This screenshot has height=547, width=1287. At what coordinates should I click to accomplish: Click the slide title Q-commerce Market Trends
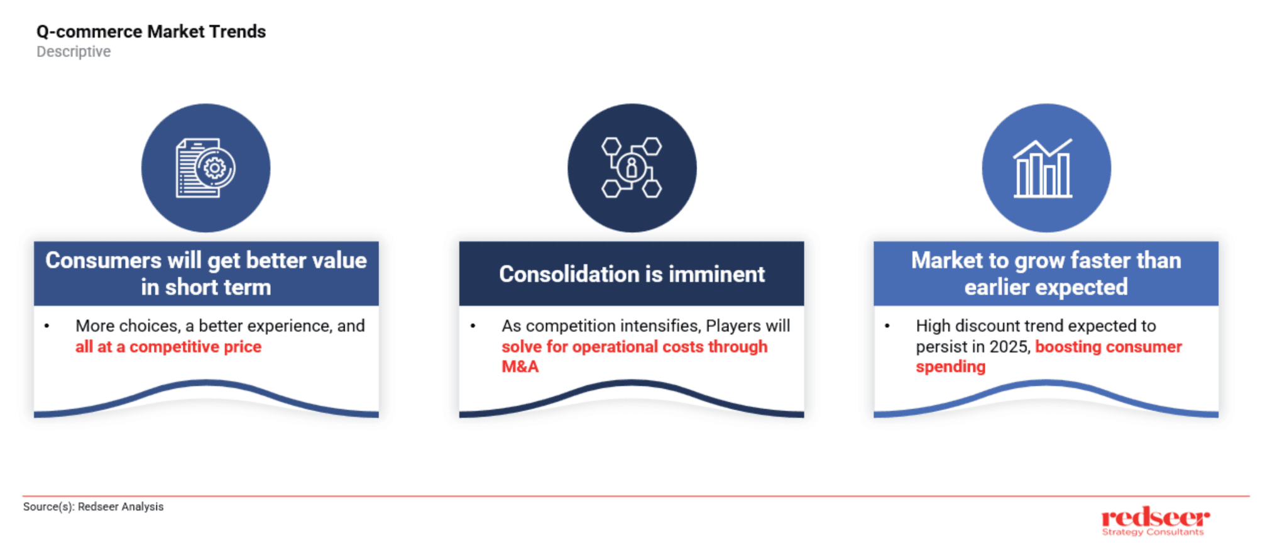pos(151,31)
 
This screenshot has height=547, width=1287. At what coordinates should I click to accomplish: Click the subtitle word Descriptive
pos(74,51)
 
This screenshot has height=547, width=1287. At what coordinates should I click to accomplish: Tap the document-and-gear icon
pos(205,168)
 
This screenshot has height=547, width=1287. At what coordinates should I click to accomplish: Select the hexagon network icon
pos(632,168)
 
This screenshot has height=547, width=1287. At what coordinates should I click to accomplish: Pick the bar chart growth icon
pos(1043,168)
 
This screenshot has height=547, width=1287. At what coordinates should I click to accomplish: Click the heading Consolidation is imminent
pos(632,274)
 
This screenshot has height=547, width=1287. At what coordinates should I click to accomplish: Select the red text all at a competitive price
pos(168,347)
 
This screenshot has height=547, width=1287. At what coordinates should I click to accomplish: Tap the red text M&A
pos(520,367)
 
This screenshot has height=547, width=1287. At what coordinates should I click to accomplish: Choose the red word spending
pos(950,367)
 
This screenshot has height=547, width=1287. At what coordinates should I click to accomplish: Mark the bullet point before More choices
pos(47,326)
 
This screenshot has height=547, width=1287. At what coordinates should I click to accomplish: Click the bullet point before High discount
pos(887,326)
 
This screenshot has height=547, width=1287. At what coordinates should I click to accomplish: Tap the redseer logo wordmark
pos(1155,517)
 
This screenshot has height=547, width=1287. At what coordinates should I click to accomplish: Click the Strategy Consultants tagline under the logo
pos(1153,532)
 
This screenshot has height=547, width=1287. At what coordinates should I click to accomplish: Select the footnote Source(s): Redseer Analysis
pos(93,507)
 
